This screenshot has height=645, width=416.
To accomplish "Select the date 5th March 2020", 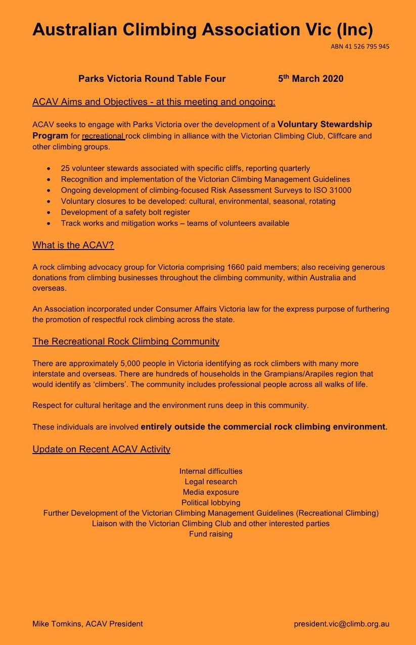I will (x=310, y=79).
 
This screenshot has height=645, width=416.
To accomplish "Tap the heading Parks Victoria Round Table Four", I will (x=152, y=79).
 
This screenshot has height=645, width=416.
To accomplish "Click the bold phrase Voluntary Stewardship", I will (x=325, y=124).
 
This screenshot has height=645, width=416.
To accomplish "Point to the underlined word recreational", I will (x=103, y=136).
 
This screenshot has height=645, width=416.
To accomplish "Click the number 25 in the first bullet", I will (x=65, y=168).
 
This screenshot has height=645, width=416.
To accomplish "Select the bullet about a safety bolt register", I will (x=125, y=212).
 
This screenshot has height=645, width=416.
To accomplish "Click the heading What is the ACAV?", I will (x=73, y=245).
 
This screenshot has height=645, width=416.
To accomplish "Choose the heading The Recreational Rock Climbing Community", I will (x=126, y=341).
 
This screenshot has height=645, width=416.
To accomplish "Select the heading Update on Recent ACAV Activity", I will (x=101, y=449).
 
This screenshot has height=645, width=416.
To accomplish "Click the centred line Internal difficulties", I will (x=211, y=471).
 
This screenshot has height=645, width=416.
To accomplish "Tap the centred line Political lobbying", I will (x=211, y=503).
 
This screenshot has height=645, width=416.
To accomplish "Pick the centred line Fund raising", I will (x=211, y=534).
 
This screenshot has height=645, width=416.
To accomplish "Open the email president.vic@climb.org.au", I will (x=341, y=624).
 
